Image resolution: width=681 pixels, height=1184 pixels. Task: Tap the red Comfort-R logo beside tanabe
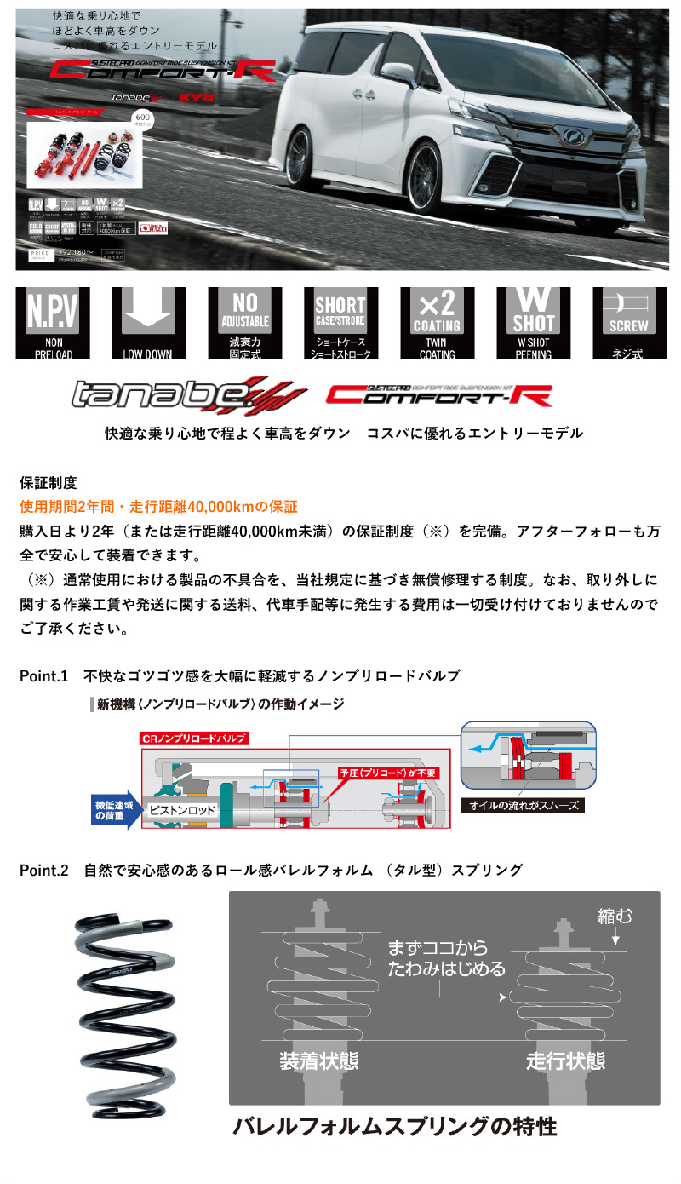439,394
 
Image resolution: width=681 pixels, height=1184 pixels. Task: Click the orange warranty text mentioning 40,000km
158,507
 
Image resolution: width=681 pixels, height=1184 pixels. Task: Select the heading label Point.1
43,675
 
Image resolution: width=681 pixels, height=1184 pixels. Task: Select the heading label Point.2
43,870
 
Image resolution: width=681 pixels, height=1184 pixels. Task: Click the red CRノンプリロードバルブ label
195,738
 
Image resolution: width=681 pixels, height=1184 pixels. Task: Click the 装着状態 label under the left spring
318,1061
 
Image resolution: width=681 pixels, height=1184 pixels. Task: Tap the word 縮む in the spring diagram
615,917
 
